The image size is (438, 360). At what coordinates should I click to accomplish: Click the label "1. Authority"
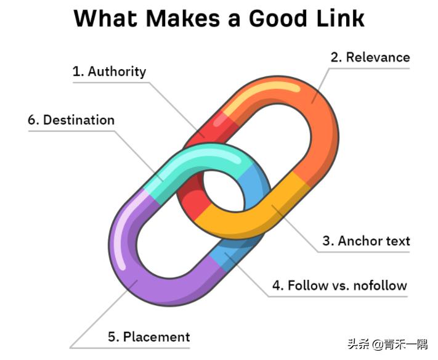point(109,72)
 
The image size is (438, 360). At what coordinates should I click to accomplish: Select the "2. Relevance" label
point(370,57)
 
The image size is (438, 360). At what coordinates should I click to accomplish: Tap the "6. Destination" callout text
point(71,120)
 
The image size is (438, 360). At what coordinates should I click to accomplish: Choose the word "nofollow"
point(378,285)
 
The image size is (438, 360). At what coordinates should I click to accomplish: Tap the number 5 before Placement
point(112,337)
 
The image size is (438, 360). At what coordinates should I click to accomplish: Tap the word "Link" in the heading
point(339,18)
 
